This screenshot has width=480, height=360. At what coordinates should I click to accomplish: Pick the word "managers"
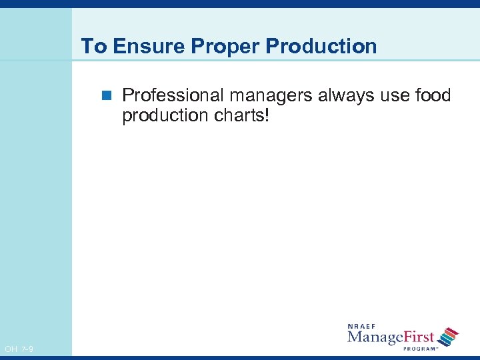pos(272,96)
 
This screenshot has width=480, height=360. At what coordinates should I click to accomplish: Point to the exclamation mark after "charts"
pos(267,115)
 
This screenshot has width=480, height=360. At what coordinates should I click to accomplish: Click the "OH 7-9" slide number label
pos(19,349)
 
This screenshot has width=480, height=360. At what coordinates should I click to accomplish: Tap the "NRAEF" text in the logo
pos(363,326)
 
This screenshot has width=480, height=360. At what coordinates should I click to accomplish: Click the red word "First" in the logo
pos(418,337)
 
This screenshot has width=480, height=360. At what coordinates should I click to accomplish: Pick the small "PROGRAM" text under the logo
pos(419,347)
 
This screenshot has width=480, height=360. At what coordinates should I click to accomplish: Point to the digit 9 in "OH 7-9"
pos(31,349)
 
